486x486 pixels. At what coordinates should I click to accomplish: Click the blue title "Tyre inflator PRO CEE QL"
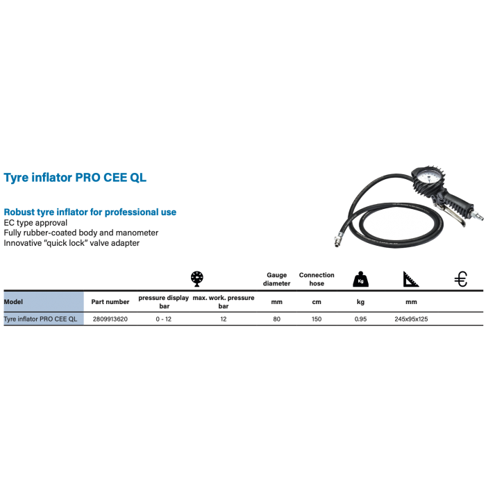pos(75,178)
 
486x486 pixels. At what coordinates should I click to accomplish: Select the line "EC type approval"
pos(35,222)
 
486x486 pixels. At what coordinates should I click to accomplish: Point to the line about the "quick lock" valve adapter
pos(72,243)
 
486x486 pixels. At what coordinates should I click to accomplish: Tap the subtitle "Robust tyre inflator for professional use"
pos(90,211)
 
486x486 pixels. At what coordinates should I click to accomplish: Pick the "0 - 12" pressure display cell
pos(163,319)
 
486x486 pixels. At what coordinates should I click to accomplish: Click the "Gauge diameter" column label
pos(276,278)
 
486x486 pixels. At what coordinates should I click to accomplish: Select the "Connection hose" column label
pos(316,278)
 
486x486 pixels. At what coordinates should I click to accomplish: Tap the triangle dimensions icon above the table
pos(410,279)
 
